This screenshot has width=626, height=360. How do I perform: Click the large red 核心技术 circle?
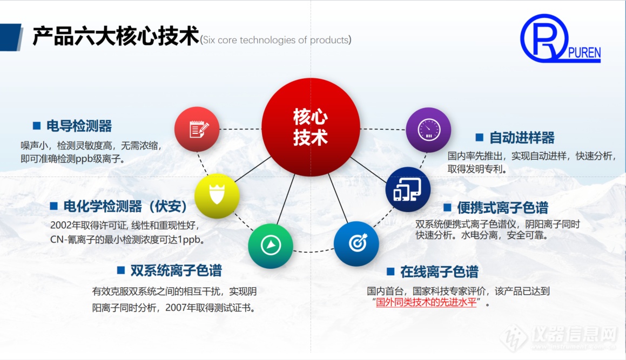(x=311, y=127)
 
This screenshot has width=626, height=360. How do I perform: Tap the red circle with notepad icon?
(x=197, y=129)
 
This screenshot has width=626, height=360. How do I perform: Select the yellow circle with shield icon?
(x=217, y=196)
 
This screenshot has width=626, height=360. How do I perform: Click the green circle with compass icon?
(x=271, y=246)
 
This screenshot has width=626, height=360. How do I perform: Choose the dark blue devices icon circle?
(x=408, y=189)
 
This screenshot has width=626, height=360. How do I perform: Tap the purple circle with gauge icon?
(x=428, y=130)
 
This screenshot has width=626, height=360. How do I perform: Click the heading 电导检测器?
(x=79, y=126)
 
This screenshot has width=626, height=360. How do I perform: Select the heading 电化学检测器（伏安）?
(x=125, y=206)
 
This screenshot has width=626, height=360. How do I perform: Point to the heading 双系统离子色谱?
(x=176, y=270)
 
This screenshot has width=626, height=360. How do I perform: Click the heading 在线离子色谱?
(x=439, y=271)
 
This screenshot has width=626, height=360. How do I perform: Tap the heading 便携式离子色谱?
(x=502, y=208)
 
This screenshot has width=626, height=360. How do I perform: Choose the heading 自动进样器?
(x=522, y=138)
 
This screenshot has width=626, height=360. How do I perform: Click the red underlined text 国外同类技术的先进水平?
(x=427, y=302)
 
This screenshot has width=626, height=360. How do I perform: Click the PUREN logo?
(x=560, y=39)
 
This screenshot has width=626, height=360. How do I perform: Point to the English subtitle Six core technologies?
(x=275, y=40)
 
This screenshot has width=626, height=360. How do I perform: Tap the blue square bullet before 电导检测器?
(x=37, y=126)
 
